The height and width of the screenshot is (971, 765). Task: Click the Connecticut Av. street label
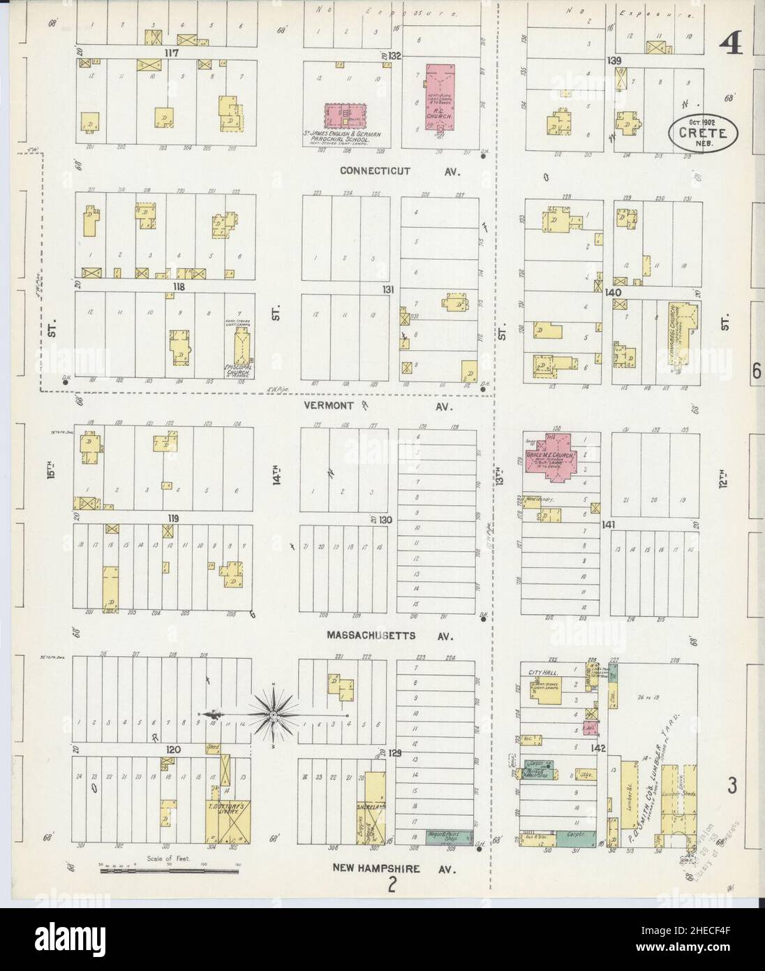pos(396,170)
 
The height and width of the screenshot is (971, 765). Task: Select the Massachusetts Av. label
pos(389,636)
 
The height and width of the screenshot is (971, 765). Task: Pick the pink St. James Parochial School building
pos(345,115)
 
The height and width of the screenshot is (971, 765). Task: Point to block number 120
pos(172,748)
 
